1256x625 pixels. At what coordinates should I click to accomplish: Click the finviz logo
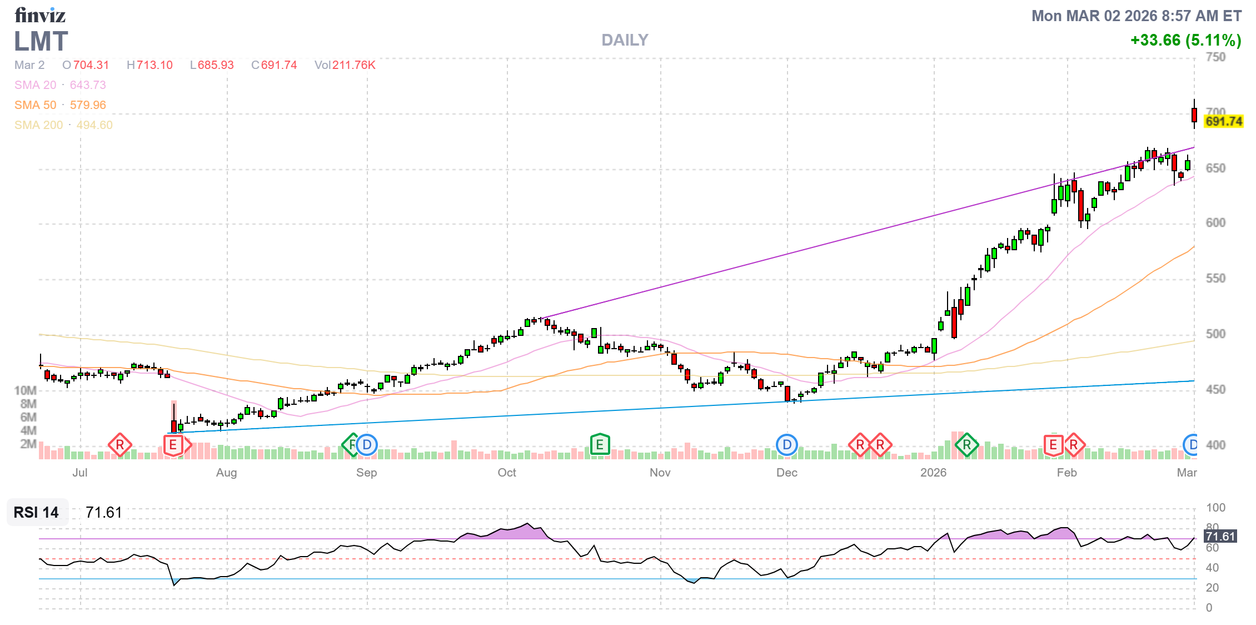coord(40,15)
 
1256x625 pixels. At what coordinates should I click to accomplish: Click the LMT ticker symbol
coord(41,42)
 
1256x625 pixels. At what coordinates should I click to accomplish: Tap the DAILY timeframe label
coord(625,40)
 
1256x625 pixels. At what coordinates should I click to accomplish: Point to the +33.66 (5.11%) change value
coord(1185,40)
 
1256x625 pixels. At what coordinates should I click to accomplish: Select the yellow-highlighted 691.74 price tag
coord(1223,121)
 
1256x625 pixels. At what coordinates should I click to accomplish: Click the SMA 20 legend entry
coord(60,85)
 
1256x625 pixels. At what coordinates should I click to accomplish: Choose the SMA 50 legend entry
coord(60,105)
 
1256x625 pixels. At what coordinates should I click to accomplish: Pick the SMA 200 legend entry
coord(63,125)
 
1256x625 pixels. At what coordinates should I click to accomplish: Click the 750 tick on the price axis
coord(1215,57)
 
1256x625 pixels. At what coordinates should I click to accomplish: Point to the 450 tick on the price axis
coord(1215,389)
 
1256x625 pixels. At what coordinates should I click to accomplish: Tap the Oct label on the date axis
coord(507,473)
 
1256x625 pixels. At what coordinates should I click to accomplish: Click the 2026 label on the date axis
coord(933,473)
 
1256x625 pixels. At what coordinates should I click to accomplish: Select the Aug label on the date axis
coord(226,473)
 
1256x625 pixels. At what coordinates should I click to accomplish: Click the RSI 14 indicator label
coord(36,512)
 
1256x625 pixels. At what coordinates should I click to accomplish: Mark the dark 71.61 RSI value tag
coord(1220,537)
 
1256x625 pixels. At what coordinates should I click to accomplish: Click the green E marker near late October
coord(600,445)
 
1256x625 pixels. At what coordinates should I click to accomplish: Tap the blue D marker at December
coord(787,445)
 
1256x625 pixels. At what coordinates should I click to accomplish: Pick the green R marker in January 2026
coord(967,445)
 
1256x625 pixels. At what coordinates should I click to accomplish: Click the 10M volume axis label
coord(26,390)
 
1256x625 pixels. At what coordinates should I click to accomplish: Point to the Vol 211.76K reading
coord(345,65)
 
